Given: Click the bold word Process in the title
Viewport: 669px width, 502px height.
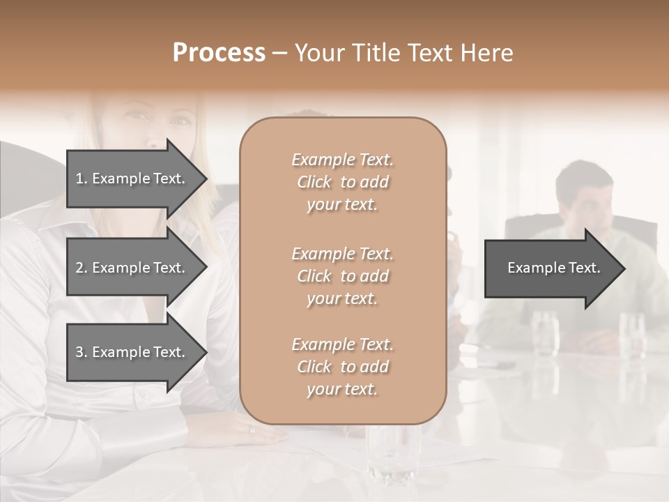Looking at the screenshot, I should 219,53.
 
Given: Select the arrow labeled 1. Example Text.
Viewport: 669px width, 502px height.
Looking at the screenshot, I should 132,178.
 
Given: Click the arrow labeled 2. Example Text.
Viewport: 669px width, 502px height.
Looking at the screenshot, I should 132,268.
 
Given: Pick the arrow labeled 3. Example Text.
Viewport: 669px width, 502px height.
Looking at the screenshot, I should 132,352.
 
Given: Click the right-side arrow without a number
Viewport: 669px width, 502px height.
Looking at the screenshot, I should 551,268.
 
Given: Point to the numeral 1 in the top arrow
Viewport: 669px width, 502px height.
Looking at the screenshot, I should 79,178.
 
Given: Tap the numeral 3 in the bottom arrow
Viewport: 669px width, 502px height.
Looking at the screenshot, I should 79,352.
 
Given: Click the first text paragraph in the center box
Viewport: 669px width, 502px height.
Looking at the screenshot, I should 342,182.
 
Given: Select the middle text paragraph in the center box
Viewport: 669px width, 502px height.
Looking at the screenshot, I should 342,276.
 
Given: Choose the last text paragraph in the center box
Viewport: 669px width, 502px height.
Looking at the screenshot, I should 342,367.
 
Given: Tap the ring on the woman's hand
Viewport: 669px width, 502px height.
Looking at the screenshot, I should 252,429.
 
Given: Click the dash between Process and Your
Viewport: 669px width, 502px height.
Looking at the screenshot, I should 279,53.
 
